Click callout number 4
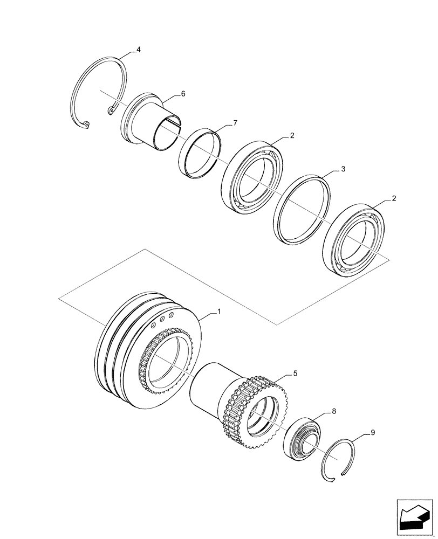pos(139,50)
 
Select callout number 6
pos(183,94)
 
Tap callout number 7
pos(235,123)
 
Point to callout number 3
pos(343,169)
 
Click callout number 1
pos(219,312)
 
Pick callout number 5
pos(295,372)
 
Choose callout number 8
pos(334,411)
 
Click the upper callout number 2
pos(292,136)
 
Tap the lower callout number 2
pos(394,198)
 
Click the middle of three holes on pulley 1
pos(162,320)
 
